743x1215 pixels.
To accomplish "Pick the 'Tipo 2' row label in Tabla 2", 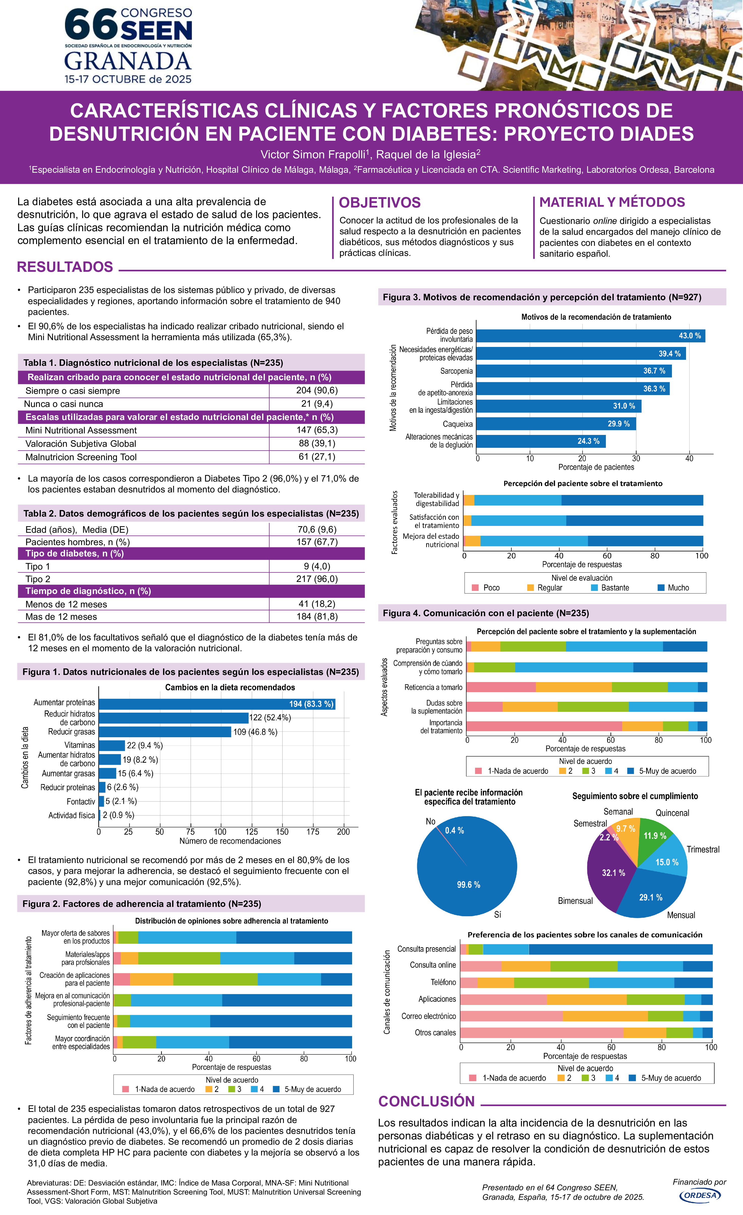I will [38, 579].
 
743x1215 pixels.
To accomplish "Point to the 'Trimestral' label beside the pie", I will [703, 849].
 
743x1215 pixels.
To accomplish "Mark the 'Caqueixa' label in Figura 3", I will [457, 424].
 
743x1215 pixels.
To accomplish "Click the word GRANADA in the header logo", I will [128, 62].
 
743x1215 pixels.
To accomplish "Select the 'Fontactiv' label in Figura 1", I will [81, 801].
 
